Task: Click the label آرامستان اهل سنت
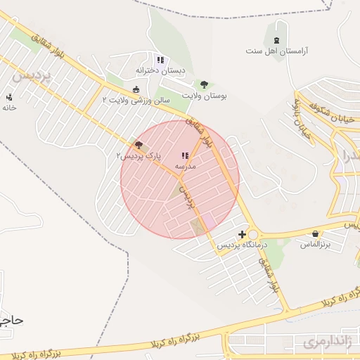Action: coord(277,51)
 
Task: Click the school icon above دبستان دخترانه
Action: coord(160,60)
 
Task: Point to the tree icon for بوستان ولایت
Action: coord(205,84)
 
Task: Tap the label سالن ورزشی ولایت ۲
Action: coord(136,100)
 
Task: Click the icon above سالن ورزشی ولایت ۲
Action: coord(136,89)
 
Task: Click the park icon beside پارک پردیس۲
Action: coord(138,146)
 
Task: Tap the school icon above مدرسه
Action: coord(185,155)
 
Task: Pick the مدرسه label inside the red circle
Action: coord(185,166)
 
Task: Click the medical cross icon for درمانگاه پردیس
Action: coord(243,234)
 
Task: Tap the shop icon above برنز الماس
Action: coord(315,233)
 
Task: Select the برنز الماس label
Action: coord(315,244)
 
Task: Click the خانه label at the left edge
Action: coord(8,108)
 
